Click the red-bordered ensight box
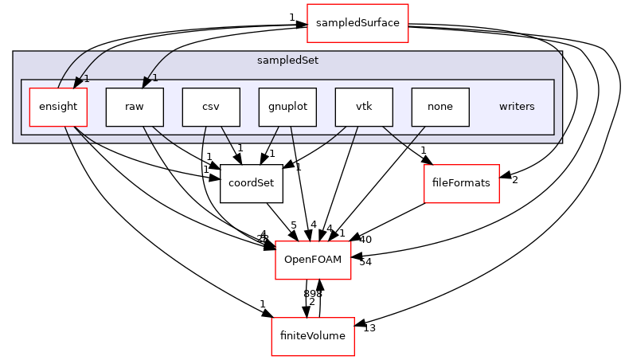point(58,107)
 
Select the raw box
point(135,107)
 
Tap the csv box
point(211,107)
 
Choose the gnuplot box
point(287,107)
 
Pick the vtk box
point(364,107)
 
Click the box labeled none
point(440,107)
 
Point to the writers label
point(517,107)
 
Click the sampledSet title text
point(277,61)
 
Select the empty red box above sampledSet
point(357,23)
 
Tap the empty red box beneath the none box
point(462,184)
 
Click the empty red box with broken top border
point(313,260)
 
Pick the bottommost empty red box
point(313,337)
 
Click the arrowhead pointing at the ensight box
point(78,81)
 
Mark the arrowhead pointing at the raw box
point(147,82)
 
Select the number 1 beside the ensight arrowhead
point(87,78)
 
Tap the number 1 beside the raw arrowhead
point(155,78)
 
